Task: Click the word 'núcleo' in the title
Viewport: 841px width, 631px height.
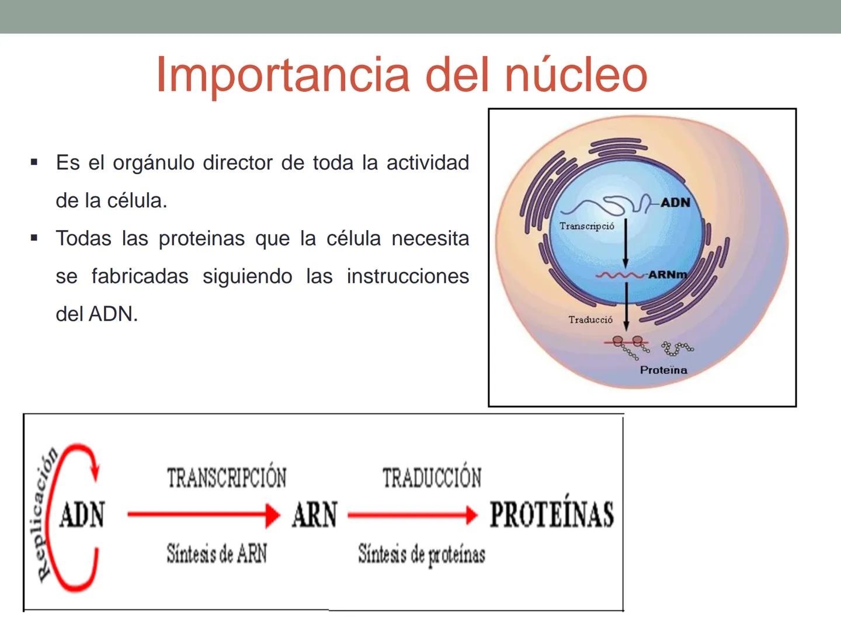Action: click(575, 74)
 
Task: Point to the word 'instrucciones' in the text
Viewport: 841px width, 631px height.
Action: click(407, 276)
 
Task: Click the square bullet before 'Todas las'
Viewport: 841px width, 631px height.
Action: click(34, 238)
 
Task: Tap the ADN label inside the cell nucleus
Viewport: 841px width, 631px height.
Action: click(675, 203)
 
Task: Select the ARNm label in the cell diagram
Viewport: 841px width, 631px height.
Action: click(667, 275)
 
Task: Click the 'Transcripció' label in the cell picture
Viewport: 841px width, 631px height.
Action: click(586, 226)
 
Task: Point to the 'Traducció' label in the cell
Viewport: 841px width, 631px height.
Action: click(590, 320)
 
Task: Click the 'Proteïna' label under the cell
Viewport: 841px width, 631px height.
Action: click(663, 370)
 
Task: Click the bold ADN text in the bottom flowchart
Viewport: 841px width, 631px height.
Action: click(82, 515)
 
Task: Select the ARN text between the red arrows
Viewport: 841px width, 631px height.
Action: click(314, 515)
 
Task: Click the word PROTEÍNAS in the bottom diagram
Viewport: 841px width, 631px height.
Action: click(551, 515)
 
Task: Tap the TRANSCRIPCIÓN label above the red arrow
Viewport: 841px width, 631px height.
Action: click(227, 478)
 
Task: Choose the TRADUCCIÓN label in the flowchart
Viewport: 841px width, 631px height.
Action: click(432, 478)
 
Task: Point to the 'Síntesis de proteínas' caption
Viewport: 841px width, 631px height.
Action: click(421, 554)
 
